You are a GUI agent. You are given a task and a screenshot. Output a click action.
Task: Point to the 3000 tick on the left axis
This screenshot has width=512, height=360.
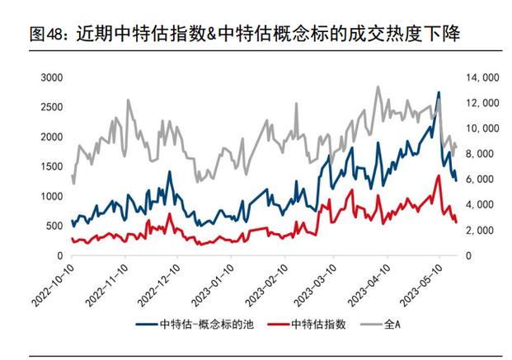51,77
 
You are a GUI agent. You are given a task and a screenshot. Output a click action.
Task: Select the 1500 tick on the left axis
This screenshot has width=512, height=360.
51,166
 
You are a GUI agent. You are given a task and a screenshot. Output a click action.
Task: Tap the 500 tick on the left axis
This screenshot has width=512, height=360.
54,226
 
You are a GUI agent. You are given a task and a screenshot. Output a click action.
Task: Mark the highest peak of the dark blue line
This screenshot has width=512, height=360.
439,92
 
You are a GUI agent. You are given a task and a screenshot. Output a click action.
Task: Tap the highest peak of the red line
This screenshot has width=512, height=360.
438,175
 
